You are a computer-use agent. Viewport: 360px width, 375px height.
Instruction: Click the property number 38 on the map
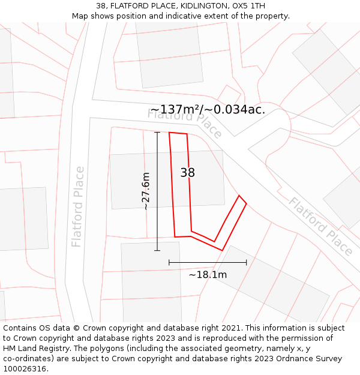[x=187, y=173]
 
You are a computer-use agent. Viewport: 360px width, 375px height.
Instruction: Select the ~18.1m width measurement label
[x=208, y=275]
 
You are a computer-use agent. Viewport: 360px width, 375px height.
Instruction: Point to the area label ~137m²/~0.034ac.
[x=207, y=110]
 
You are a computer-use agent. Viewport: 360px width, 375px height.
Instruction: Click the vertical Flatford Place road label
[x=78, y=207]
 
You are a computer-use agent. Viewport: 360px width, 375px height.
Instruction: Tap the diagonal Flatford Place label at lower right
[x=320, y=226]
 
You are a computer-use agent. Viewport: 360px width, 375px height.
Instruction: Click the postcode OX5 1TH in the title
[x=248, y=6]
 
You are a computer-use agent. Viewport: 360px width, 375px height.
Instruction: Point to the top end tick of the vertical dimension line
[x=157, y=132]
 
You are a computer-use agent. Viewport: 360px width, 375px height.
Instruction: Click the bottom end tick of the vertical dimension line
[x=157, y=251]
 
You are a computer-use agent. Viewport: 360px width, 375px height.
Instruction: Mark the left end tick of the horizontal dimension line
[x=169, y=262]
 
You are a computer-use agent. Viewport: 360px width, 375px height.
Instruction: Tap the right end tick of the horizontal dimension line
[x=247, y=262]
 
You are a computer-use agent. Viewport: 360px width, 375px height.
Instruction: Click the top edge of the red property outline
[x=178, y=133]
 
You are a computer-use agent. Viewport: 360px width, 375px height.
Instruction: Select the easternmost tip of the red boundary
[x=247, y=203]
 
